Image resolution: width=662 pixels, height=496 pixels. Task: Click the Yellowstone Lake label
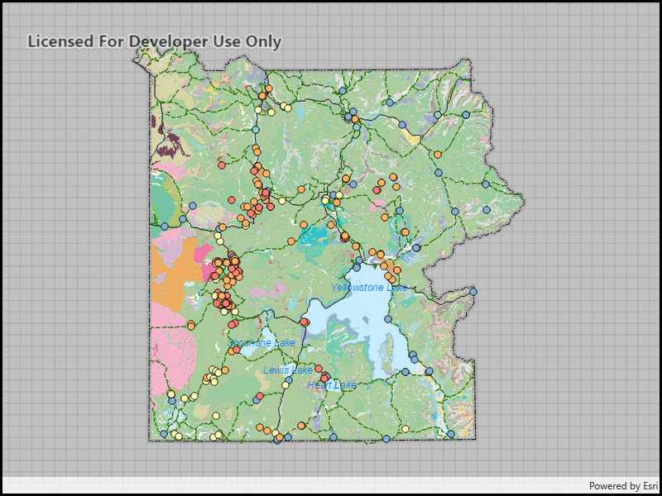tap(369, 288)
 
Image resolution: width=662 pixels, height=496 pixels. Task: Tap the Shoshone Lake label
tap(261, 343)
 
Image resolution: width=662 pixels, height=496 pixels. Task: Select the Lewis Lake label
tap(288, 370)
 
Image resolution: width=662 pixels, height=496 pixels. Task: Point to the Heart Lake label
tap(331, 385)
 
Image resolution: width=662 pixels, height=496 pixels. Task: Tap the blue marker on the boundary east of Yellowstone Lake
tap(473, 291)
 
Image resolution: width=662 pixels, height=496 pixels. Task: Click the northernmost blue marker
tap(342, 90)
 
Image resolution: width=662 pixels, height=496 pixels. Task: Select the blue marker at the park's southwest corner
tap(164, 433)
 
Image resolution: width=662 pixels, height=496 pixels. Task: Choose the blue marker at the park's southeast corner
tap(451, 433)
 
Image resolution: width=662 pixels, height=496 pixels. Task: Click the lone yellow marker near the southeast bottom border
tap(405, 429)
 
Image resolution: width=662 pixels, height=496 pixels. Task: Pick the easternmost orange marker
tap(438, 155)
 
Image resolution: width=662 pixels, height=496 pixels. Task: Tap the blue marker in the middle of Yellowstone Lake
tap(387, 319)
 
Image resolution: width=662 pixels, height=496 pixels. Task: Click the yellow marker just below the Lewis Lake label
tap(285, 384)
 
